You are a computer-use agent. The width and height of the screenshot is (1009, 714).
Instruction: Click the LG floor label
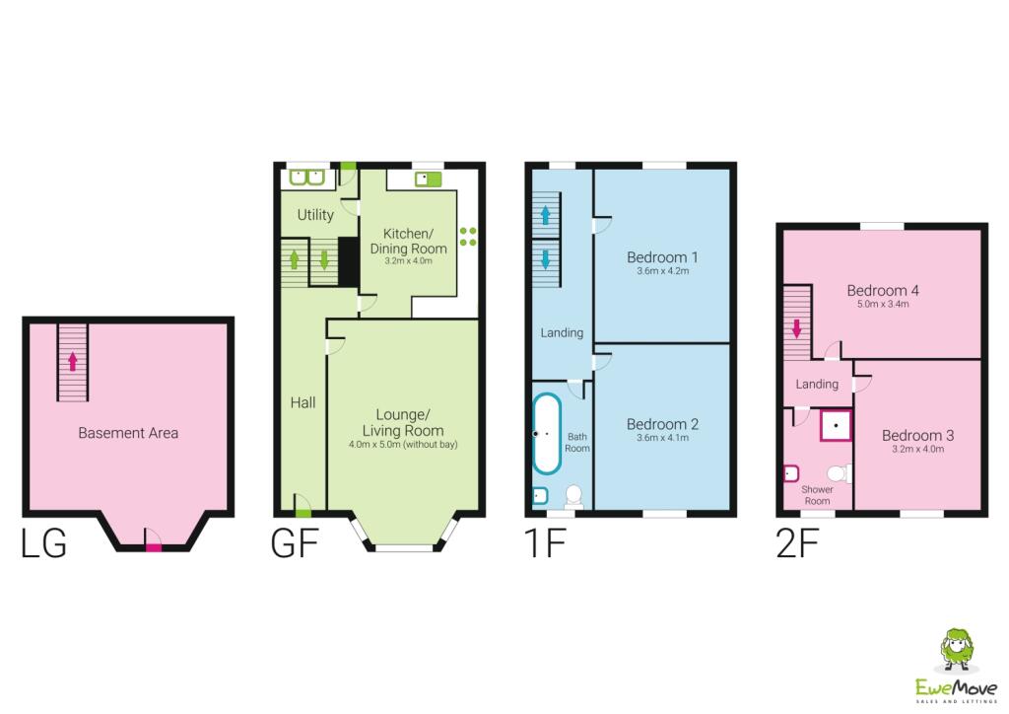[43, 544]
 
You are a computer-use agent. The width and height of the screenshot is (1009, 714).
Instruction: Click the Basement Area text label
[128, 432]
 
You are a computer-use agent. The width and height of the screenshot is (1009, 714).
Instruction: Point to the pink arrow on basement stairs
[72, 361]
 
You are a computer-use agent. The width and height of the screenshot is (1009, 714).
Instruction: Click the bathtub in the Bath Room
[547, 433]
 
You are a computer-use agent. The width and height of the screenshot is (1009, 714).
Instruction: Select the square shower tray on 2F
[836, 425]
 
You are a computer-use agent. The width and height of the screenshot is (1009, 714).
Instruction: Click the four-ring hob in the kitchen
[468, 237]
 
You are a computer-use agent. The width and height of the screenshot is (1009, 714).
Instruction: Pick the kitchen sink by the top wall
[427, 178]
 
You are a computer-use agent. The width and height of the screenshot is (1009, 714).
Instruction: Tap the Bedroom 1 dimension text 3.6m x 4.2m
[663, 270]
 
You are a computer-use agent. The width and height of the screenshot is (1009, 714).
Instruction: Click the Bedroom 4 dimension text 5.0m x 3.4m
[883, 305]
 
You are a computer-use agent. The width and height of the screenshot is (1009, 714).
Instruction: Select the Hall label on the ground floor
[303, 402]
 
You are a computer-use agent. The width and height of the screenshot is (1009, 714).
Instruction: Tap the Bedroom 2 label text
[663, 424]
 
